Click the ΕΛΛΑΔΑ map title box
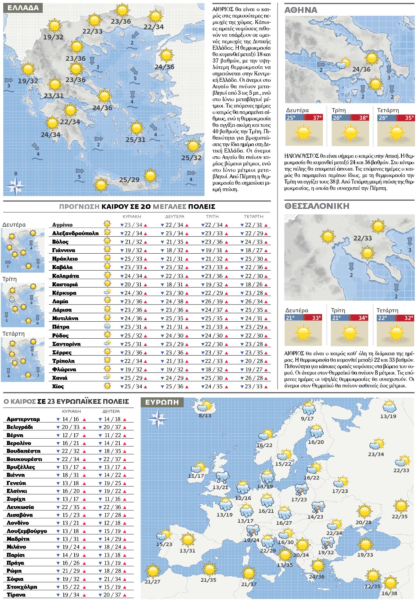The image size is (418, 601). tap(23, 8)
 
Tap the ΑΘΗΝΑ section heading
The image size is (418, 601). tap(301, 10)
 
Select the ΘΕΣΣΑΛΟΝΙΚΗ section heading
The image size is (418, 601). tap(317, 206)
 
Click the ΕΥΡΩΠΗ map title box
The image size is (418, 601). tap(162, 402)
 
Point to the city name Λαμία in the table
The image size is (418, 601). tap(60, 301)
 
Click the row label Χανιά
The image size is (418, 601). tap(60, 378)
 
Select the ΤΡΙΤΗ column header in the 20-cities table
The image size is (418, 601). tap(212, 217)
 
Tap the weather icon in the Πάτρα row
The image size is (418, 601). tap(107, 327)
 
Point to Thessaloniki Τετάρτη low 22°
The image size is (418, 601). tap(382, 318)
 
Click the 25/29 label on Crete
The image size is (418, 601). tap(129, 179)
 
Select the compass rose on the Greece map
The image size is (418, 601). tap(16, 185)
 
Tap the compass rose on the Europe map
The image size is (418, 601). tap(158, 419)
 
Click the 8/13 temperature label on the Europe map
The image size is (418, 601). tap(205, 415)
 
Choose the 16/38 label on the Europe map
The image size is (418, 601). tap(389, 593)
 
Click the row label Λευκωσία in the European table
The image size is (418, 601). tap(20, 507)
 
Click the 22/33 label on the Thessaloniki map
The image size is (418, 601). tap(362, 238)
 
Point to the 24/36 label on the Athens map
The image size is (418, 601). tap(361, 70)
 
